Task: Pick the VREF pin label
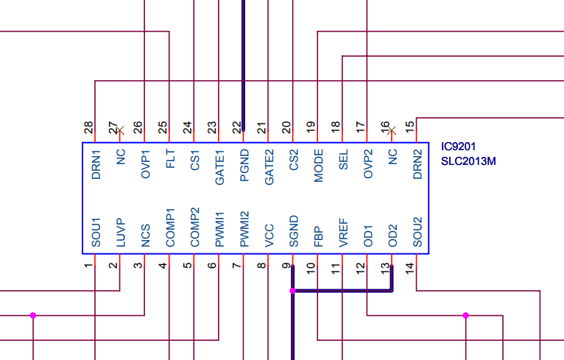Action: pos(342,231)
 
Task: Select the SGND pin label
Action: pos(293,231)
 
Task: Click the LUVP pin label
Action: pos(121,232)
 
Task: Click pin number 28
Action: pos(89,127)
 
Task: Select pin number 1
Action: pos(89,265)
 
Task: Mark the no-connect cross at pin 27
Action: pos(121,130)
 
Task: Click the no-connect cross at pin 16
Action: pos(392,130)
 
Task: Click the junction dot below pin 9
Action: pos(293,292)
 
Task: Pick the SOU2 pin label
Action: pos(417,231)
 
